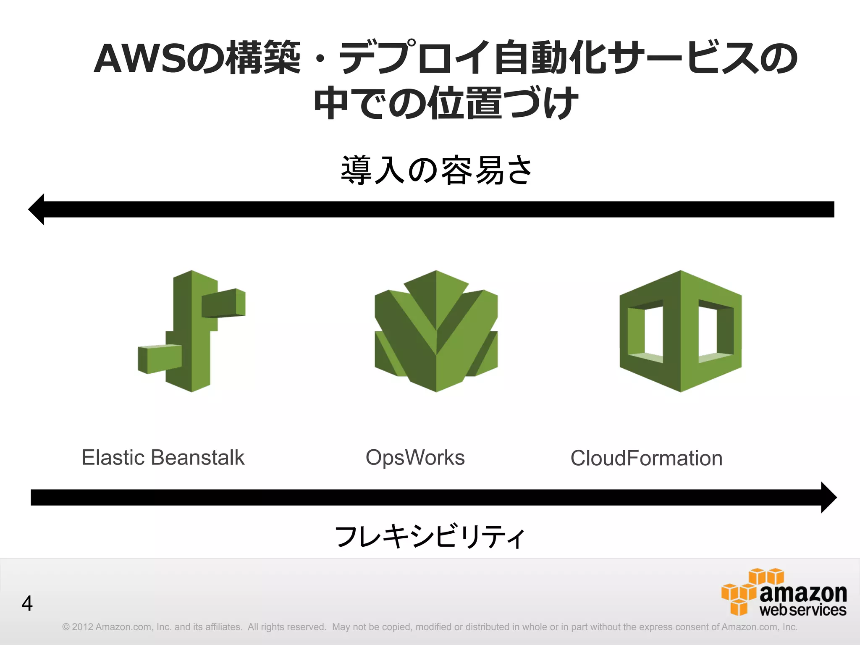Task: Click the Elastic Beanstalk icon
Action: coord(192,331)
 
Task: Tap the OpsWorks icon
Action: coord(436,331)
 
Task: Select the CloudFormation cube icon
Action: coord(680,331)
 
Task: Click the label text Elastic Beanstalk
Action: coord(163,457)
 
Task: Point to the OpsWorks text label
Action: coord(415,457)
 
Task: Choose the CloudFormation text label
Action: coord(646,458)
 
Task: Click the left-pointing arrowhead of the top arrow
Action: coord(37,209)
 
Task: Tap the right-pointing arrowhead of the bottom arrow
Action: coord(828,497)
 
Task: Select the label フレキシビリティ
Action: coord(429,537)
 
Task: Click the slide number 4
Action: coord(27,603)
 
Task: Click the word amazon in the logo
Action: coord(803,593)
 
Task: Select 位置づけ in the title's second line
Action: coord(502,103)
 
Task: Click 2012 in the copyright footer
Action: coord(82,627)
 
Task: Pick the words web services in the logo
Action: coord(803,610)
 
